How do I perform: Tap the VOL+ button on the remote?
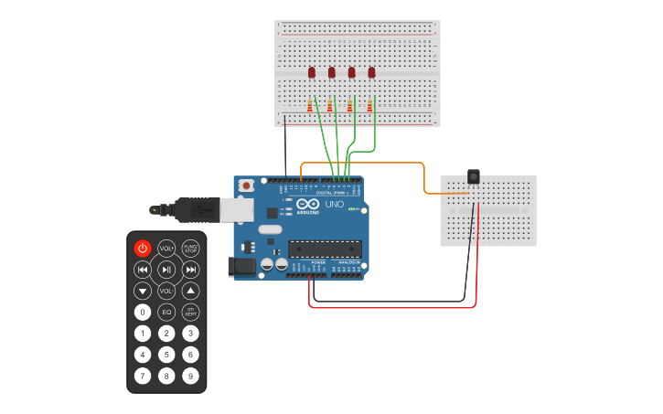(x=166, y=248)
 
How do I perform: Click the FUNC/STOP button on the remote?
(x=190, y=248)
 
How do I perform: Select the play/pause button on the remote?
(x=166, y=270)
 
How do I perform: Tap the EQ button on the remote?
(x=166, y=312)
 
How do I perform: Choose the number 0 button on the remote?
(x=143, y=312)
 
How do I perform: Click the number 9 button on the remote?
(x=190, y=376)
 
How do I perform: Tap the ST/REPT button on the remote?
(x=190, y=312)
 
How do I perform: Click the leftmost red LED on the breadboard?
(x=312, y=72)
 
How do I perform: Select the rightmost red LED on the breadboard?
(x=371, y=72)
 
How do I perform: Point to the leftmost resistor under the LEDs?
(x=310, y=106)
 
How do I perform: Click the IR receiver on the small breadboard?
(x=473, y=175)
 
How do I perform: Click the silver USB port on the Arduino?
(x=236, y=209)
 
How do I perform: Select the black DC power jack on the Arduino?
(x=241, y=266)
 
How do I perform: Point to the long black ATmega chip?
(x=325, y=249)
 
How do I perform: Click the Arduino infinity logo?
(x=307, y=204)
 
